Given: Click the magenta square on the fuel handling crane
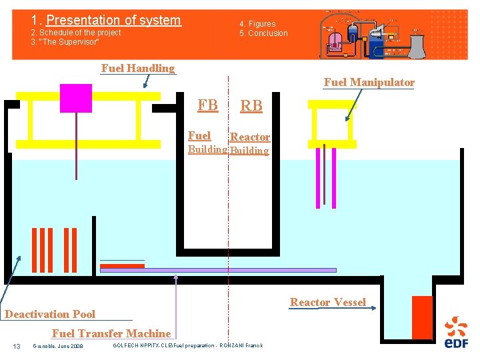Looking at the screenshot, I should pyautogui.click(x=75, y=98).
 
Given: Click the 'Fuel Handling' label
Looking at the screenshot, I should pyautogui.click(x=137, y=68).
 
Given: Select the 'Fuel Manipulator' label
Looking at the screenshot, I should pyautogui.click(x=369, y=83).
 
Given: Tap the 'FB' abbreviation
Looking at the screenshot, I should pyautogui.click(x=207, y=105).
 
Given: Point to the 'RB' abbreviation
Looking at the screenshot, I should pyautogui.click(x=251, y=106).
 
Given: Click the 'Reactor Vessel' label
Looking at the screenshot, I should pyautogui.click(x=327, y=303).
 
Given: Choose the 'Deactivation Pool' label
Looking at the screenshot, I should pyautogui.click(x=50, y=314).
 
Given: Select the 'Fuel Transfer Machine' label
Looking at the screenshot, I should pyautogui.click(x=111, y=333).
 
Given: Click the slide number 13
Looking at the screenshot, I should pyautogui.click(x=17, y=345).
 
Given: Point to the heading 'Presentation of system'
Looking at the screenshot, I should pyautogui.click(x=113, y=21).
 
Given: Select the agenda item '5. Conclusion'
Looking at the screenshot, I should pyautogui.click(x=264, y=33).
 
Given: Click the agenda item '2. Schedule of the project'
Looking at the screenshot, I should pyautogui.click(x=76, y=33).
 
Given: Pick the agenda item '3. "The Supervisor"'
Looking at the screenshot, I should pyautogui.click(x=65, y=42).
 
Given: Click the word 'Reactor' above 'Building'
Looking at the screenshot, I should pyautogui.click(x=250, y=137).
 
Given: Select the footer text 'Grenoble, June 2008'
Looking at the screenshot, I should pyautogui.click(x=58, y=345).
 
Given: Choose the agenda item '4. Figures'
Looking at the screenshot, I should pyautogui.click(x=257, y=24).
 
